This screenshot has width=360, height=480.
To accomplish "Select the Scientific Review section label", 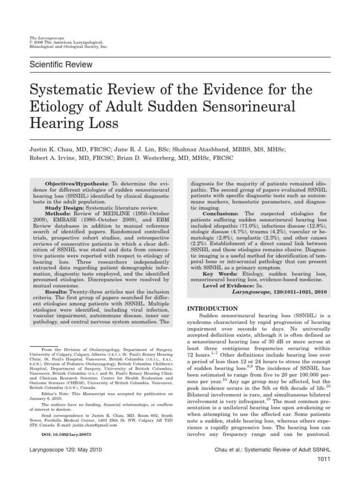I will pyautogui.click(x=61, y=65).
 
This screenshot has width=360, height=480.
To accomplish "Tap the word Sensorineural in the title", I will pyautogui.click(x=249, y=106).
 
